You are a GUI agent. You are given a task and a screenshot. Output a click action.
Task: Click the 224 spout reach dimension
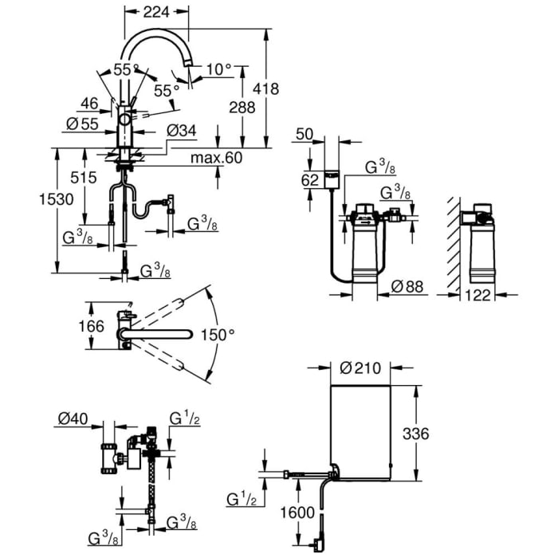pos(158,11)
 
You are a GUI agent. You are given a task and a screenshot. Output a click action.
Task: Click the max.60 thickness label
pos(216,158)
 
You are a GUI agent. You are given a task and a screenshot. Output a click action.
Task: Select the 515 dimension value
pos(70,176)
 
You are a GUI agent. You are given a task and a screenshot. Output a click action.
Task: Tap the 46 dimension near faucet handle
pos(89,103)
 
